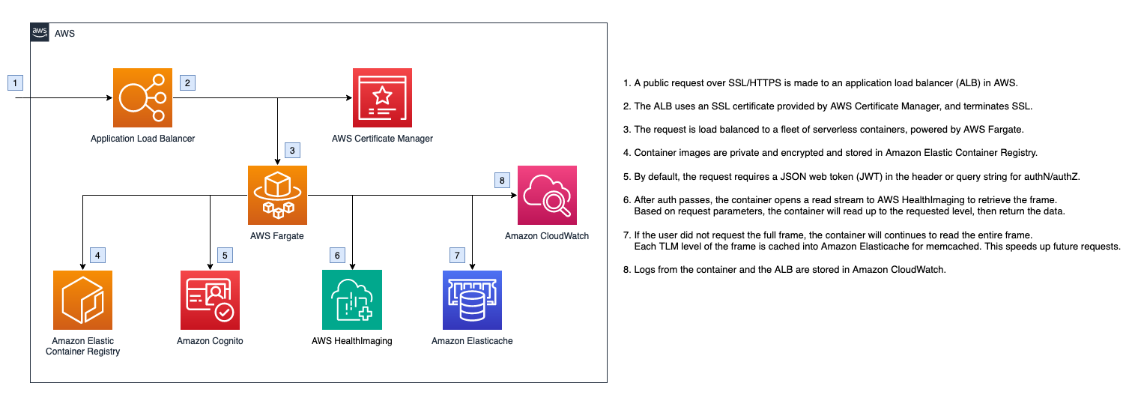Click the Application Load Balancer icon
coord(142,97)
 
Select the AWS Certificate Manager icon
coord(382,97)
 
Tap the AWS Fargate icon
coord(277,195)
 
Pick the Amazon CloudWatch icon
coord(547,195)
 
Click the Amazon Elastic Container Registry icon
coord(83,300)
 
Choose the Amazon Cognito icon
coord(211,300)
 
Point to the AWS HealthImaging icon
coord(352,300)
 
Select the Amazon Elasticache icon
coord(472,300)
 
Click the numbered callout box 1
coord(15,82)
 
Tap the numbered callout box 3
coord(292,150)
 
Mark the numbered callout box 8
coord(502,180)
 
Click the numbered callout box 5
coord(225,255)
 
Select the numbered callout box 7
coord(457,255)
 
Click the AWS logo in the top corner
coord(40,32)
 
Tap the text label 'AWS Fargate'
coord(277,235)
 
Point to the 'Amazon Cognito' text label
coord(210,341)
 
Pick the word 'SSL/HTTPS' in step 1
coord(754,83)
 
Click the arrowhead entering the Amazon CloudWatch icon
coord(514,195)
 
